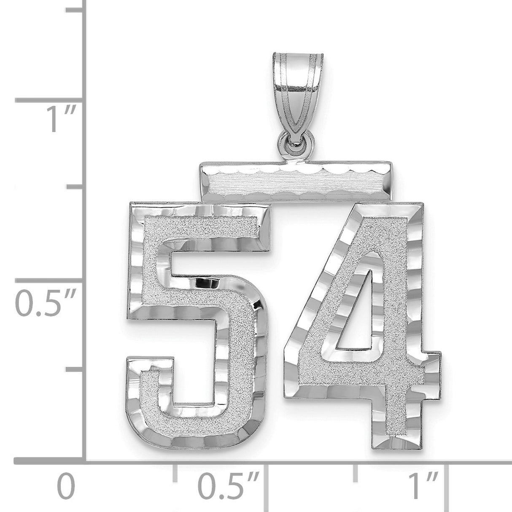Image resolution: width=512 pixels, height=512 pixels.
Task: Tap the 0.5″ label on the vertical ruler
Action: [46, 302]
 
